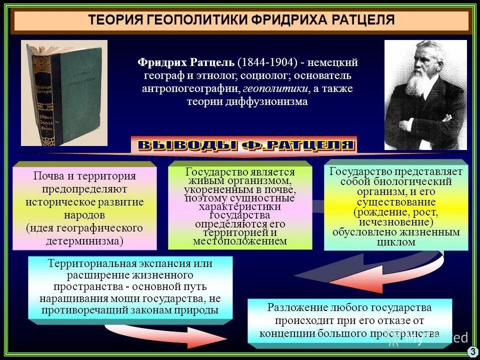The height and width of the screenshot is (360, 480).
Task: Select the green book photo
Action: (64, 93)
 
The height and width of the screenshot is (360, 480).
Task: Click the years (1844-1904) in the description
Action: (267, 63)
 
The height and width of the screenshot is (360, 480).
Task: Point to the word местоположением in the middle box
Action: (240, 241)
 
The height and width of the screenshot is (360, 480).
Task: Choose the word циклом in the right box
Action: (395, 242)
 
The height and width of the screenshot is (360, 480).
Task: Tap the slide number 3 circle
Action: (472, 351)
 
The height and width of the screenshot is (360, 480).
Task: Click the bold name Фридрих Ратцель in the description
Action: (185, 63)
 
